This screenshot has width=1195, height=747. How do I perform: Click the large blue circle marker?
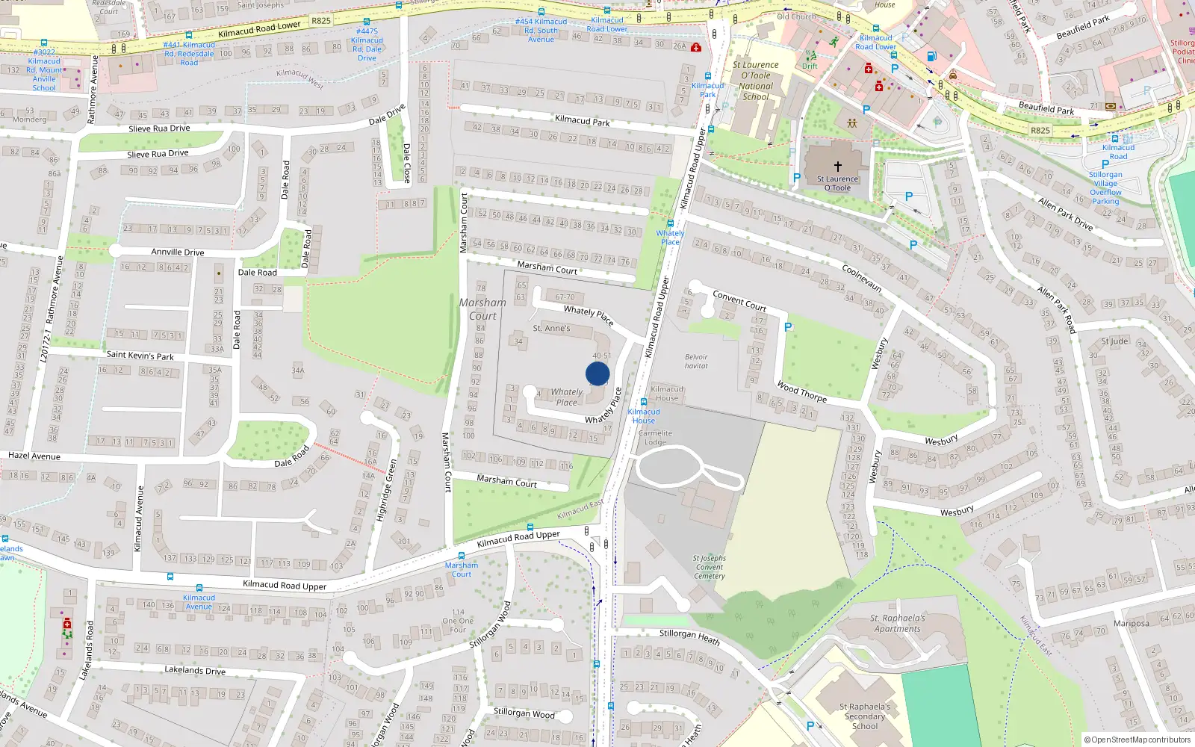click(x=597, y=373)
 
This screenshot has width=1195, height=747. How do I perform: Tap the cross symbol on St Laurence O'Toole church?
click(x=837, y=167)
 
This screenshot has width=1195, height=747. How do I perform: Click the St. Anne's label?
click(x=551, y=328)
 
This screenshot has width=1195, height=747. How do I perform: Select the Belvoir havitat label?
click(x=696, y=361)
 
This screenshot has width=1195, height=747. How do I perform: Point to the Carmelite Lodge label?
click(x=655, y=437)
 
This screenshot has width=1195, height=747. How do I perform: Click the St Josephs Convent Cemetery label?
click(x=709, y=567)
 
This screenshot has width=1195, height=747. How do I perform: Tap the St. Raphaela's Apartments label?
click(x=897, y=623)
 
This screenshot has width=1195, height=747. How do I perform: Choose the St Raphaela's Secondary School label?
click(x=865, y=716)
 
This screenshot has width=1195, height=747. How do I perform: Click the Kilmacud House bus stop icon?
click(x=644, y=402)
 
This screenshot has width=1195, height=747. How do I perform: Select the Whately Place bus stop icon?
click(x=671, y=223)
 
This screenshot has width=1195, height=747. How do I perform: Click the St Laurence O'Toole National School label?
click(x=756, y=81)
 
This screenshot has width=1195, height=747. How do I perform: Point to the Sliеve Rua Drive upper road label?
click(x=159, y=128)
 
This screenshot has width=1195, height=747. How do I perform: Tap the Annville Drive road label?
click(x=178, y=252)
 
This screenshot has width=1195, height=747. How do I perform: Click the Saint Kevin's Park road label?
click(x=140, y=356)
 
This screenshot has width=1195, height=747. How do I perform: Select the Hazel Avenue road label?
click(x=34, y=456)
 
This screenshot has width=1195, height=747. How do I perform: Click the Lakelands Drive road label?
click(x=195, y=670)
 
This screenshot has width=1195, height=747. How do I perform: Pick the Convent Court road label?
click(x=739, y=300)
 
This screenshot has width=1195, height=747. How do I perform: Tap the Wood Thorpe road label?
click(x=801, y=391)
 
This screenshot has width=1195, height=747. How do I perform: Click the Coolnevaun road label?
click(x=861, y=278)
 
